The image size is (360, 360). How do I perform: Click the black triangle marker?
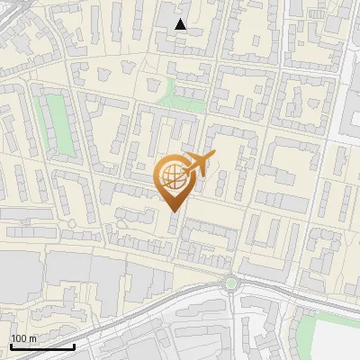181,24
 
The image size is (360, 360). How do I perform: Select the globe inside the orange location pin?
172,175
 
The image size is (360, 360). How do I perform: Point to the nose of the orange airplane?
213,155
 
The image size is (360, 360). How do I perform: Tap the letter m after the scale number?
33,338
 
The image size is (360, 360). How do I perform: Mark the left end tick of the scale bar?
10,346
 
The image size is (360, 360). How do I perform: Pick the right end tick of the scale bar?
74,346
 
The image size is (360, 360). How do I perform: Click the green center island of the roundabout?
231,283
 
